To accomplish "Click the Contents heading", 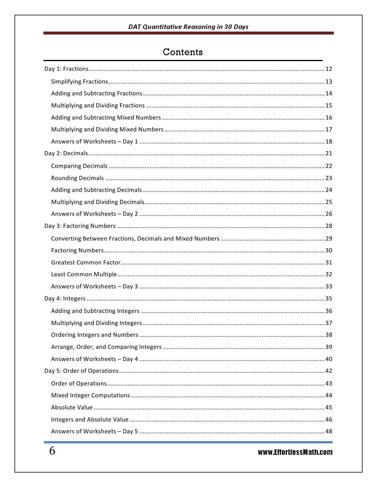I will pyautogui.click(x=183, y=52).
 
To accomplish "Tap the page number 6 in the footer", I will pyautogui.click(x=52, y=451).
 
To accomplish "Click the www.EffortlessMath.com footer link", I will pyautogui.click(x=295, y=452).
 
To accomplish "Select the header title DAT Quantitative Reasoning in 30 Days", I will pyautogui.click(x=188, y=27).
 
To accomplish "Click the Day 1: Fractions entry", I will pyautogui.click(x=66, y=69).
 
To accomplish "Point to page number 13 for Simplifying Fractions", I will pyautogui.click(x=329, y=82).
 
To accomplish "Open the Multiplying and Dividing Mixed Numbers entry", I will pyautogui.click(x=107, y=130).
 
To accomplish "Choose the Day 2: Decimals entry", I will pyautogui.click(x=66, y=153).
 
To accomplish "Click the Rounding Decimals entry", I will pyautogui.click(x=77, y=178).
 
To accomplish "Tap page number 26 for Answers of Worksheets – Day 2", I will pyautogui.click(x=329, y=214).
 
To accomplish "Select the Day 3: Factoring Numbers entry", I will pyautogui.click(x=80, y=226).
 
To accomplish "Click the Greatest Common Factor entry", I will pyautogui.click(x=86, y=263).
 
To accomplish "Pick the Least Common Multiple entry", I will pyautogui.click(x=84, y=274).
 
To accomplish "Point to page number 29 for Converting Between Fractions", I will pyautogui.click(x=329, y=239).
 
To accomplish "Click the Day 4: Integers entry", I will pyautogui.click(x=65, y=299).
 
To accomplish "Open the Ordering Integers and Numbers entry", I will pyautogui.click(x=95, y=335).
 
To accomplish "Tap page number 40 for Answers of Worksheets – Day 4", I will pyautogui.click(x=329, y=359).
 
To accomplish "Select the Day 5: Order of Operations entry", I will pyautogui.click(x=81, y=371).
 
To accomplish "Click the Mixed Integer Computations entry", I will pyautogui.click(x=90, y=396).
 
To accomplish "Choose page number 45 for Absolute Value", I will pyautogui.click(x=329, y=408).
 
